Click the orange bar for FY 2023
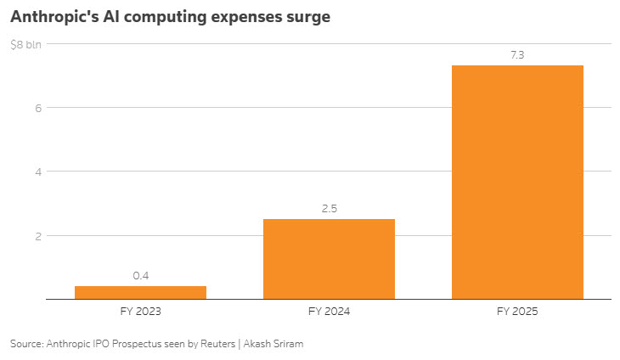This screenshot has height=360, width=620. [x=140, y=292]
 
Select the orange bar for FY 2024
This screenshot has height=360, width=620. [x=329, y=259]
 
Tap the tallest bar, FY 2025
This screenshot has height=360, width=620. [x=517, y=183]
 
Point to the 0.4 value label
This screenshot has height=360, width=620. [x=141, y=275]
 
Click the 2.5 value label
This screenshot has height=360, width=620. [x=330, y=209]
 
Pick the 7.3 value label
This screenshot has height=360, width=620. [x=517, y=55]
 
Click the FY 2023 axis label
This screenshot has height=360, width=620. [x=141, y=312]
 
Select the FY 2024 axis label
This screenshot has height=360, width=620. [x=329, y=312]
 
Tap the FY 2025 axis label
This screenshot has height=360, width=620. [x=517, y=312]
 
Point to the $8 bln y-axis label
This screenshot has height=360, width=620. [x=25, y=45]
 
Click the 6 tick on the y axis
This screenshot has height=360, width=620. [x=38, y=108]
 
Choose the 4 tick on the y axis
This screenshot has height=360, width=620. [x=38, y=172]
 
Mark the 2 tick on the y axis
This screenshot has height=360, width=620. [x=38, y=236]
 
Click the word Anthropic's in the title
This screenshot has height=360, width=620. [x=54, y=17]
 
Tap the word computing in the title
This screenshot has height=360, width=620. [x=166, y=18]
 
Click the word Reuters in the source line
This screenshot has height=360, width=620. [x=218, y=344]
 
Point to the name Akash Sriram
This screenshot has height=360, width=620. [x=273, y=344]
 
